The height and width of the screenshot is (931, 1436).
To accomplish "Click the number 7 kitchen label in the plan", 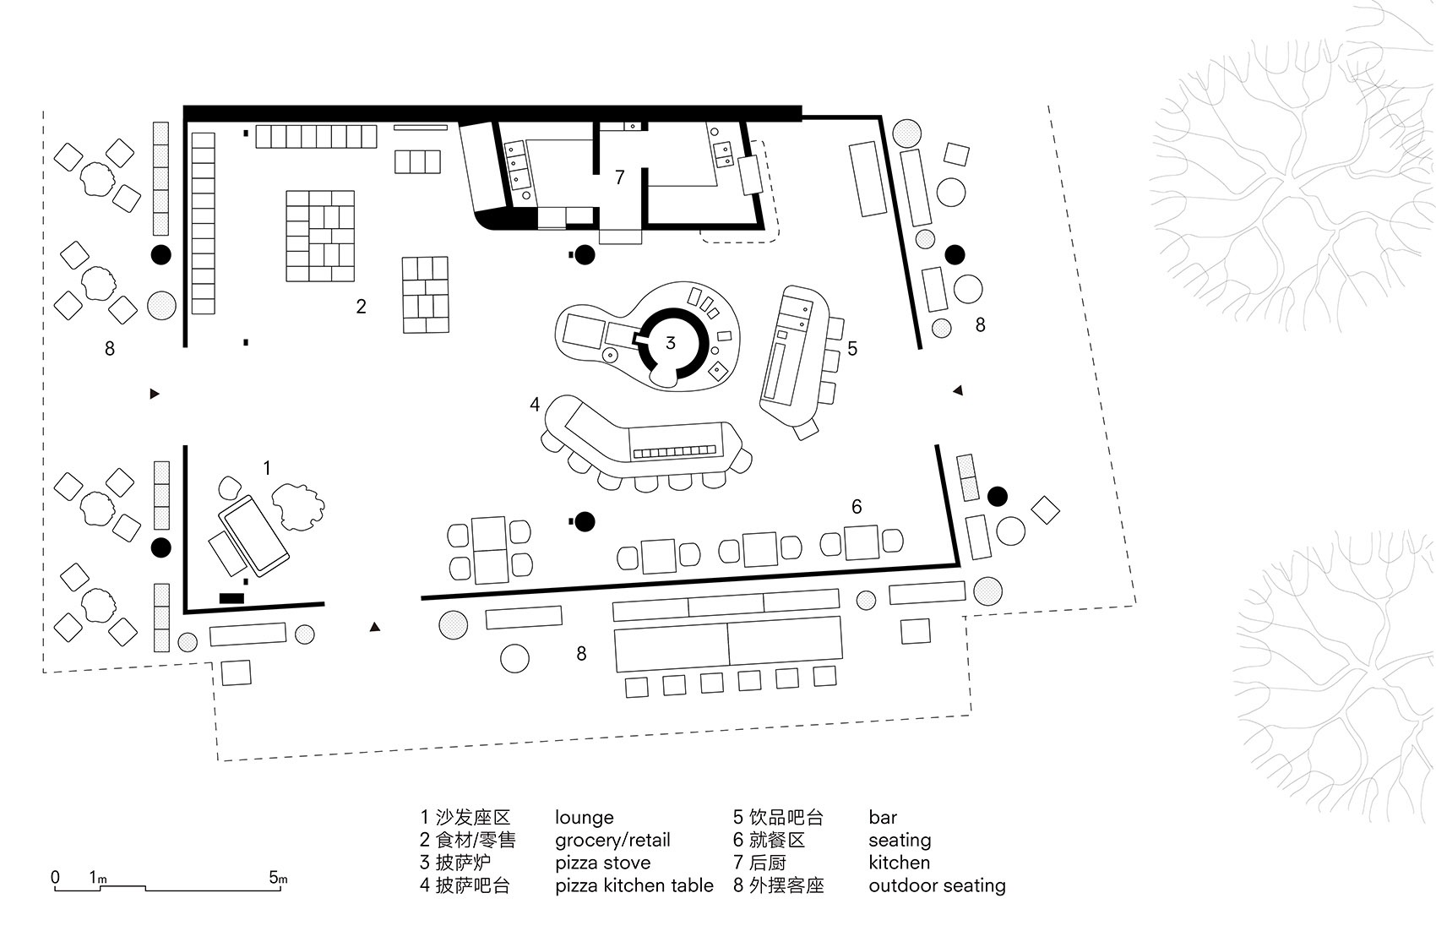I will [620, 177].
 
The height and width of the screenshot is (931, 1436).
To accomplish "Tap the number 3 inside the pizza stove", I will [671, 342].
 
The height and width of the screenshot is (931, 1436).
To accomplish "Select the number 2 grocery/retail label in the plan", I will [361, 307].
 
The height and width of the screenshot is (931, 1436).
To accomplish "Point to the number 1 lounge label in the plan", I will [267, 468].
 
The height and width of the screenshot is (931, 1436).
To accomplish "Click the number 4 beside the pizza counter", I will [535, 406].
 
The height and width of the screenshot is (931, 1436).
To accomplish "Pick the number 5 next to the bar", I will [852, 348].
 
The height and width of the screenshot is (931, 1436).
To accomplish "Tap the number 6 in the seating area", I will [857, 507].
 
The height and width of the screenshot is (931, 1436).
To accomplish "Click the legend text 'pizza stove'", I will [602, 863].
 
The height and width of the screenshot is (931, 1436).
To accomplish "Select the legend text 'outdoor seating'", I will [937, 885].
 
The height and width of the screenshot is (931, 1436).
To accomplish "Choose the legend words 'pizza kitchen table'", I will [634, 885].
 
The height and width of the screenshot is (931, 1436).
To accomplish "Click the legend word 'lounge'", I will [584, 818].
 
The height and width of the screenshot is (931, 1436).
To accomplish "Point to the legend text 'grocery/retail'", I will [612, 840].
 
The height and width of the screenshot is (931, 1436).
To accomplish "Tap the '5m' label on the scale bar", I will [278, 878].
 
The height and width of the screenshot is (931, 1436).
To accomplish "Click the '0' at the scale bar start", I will [55, 877].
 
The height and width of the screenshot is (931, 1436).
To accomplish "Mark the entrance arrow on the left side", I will [154, 394].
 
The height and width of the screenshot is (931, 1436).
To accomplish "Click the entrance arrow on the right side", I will [957, 389].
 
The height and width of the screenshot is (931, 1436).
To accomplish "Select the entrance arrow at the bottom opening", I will [375, 627].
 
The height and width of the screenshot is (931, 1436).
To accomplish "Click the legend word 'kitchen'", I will [899, 863].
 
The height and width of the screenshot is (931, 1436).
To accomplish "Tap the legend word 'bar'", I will [882, 818].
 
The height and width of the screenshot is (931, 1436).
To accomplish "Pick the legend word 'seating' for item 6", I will [899, 840].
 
